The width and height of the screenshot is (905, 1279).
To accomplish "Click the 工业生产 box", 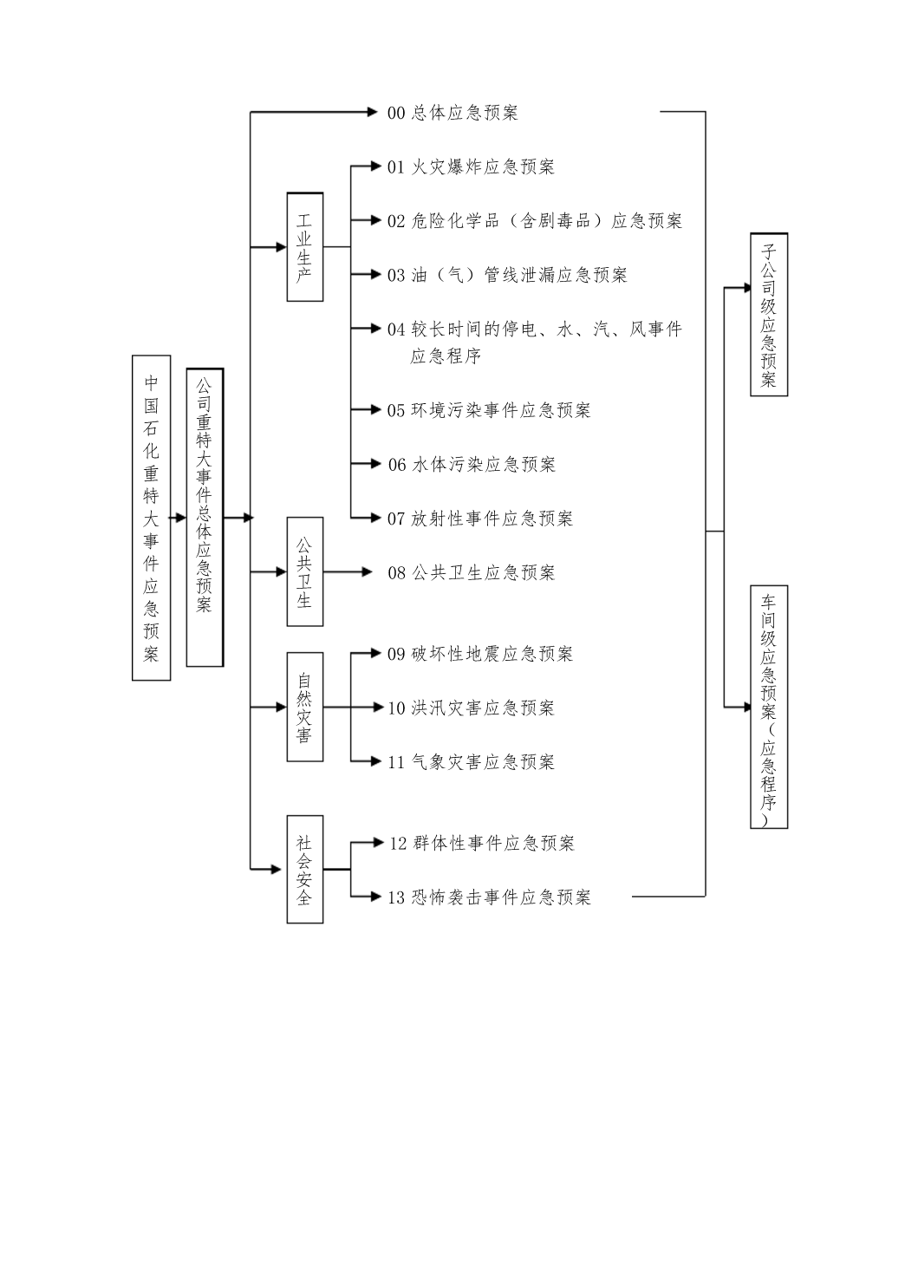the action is click(x=305, y=247).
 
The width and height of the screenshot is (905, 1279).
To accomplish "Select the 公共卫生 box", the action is click(x=305, y=571).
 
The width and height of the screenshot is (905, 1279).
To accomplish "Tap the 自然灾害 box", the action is click(x=305, y=707).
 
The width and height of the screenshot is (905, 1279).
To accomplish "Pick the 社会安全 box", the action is click(x=305, y=869).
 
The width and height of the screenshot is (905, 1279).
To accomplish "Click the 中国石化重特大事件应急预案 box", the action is click(x=152, y=518).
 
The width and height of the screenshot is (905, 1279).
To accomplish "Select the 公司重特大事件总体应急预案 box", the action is click(x=205, y=518).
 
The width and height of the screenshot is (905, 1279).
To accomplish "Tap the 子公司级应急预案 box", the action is click(x=769, y=315).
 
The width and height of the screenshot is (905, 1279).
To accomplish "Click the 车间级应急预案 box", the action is click(x=769, y=707).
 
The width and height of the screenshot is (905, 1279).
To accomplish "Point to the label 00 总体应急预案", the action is click(x=452, y=113).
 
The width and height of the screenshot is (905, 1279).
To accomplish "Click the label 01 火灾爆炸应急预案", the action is click(x=471, y=166).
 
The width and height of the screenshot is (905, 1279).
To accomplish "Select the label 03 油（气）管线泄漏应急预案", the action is click(x=508, y=275).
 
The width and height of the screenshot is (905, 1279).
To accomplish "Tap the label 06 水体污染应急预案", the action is click(x=472, y=464).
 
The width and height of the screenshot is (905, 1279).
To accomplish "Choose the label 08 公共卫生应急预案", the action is click(x=472, y=572).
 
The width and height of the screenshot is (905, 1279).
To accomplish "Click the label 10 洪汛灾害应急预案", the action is click(x=471, y=708).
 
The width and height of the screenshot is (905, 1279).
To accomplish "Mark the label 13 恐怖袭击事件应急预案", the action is click(x=489, y=897).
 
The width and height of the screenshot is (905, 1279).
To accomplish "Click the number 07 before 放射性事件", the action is click(x=396, y=519).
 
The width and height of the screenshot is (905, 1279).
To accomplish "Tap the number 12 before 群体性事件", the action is click(x=398, y=843).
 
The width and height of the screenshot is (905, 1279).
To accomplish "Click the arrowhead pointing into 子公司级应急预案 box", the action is click(x=748, y=288).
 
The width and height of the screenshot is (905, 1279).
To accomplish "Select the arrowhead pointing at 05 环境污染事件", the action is click(x=375, y=409).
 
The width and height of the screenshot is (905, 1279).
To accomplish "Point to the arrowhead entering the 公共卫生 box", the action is click(x=282, y=571).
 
